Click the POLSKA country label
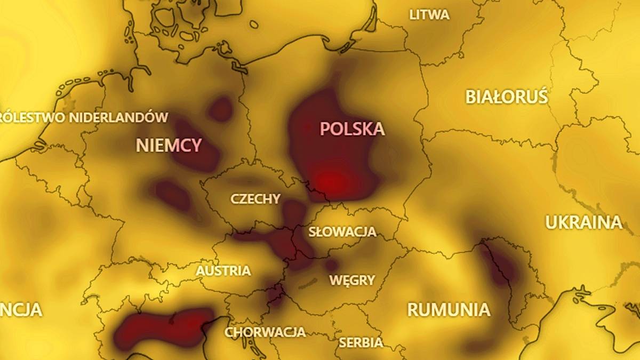tap(352, 129)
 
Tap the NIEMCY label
tap(169, 145)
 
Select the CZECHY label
tap(255, 199)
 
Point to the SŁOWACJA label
tap(342, 232)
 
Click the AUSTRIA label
tap(223, 271)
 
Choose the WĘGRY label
tap(352, 280)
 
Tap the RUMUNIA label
tap(449, 309)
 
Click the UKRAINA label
tap(583, 222)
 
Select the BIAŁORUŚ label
tap(507, 97)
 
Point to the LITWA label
tap(429, 15)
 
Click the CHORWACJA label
tap(265, 332)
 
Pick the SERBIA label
tap(361, 342)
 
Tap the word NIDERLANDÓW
tap(118, 117)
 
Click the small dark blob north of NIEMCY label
tap(220, 109)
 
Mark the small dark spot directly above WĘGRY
tap(331, 265)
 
